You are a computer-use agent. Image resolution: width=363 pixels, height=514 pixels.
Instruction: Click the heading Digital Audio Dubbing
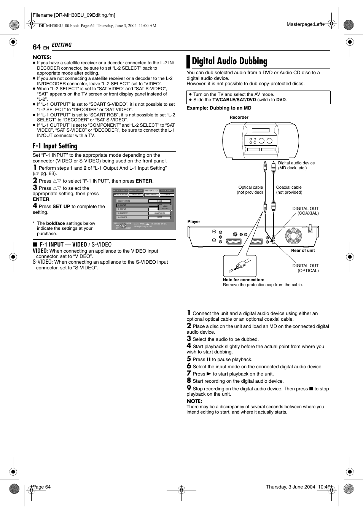(229, 61)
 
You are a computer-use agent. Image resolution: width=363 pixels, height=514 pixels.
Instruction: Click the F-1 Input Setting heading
(55, 146)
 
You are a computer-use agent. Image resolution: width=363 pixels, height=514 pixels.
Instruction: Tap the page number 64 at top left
(37, 47)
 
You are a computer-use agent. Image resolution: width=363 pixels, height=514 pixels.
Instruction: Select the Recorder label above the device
(239, 117)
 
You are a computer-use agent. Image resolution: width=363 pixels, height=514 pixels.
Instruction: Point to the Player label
(194, 221)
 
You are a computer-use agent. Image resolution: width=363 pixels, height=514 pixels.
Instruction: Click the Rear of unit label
(303, 250)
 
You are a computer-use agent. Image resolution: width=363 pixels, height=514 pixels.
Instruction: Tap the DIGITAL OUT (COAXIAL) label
(305, 211)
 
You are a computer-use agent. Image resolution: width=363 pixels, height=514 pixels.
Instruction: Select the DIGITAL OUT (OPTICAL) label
(305, 268)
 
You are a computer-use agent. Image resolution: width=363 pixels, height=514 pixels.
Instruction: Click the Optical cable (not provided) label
(250, 190)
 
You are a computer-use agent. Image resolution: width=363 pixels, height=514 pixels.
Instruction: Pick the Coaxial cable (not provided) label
(289, 190)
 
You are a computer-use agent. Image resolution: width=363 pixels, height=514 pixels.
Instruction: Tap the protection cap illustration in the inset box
(239, 265)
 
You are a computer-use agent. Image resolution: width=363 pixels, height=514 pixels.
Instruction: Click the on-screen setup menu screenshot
(144, 209)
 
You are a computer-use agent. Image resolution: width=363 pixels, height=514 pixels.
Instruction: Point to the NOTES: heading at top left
(42, 57)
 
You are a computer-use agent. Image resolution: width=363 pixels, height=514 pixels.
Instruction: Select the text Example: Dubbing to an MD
(219, 108)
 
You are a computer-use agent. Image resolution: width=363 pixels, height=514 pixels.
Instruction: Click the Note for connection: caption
(243, 280)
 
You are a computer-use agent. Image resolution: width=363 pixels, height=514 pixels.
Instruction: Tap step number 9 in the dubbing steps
(189, 388)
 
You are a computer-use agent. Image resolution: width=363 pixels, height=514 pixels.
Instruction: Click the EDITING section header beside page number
(62, 45)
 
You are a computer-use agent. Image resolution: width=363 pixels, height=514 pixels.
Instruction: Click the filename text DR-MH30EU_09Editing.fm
(74, 15)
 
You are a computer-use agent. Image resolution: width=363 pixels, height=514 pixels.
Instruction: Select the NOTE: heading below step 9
(194, 401)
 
